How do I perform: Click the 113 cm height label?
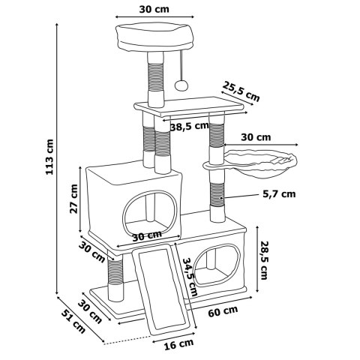click(49, 157)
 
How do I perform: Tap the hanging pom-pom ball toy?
click(181, 85)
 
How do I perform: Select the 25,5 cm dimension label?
click(241, 91)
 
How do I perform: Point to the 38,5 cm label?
click(190, 127)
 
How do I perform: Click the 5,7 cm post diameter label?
click(279, 194)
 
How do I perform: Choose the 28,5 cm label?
click(264, 260)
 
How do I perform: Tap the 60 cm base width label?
click(223, 311)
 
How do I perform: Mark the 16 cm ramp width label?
click(178, 345)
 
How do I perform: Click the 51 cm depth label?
click(73, 321)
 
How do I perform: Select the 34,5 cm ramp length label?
click(190, 277)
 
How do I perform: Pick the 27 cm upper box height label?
click(73, 199)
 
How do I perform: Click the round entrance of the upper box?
click(150, 212)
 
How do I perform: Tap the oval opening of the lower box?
click(217, 265)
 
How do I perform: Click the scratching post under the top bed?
click(156, 79)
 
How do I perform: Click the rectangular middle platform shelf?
click(189, 106)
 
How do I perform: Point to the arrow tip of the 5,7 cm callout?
click(220, 198)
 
